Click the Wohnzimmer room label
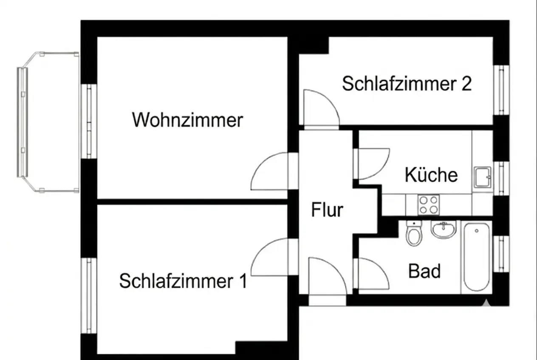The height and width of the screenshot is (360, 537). coord(187,120)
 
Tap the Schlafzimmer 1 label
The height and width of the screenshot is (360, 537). coord(183,281)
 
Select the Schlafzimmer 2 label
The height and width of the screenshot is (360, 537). coord(407,83)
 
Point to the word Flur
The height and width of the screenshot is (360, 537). coord(327,210)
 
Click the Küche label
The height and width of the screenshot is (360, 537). coord(431,175)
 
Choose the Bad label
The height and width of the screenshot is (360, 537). coord(424,271)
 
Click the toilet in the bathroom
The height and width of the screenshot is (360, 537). coord(414,234)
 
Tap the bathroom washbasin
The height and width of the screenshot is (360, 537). coord(444,230)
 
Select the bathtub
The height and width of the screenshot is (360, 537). coord(477,257)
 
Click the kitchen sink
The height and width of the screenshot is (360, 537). coord(483,177)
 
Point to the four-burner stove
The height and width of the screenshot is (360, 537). coord(428,205)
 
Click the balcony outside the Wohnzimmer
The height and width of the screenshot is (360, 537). coord(48,122)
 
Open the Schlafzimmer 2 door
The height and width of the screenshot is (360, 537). coord(321,109)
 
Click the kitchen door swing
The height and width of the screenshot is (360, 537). coord(371,164)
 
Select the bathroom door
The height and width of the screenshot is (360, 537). coord(371,273)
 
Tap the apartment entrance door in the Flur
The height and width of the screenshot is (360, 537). coord(328,281)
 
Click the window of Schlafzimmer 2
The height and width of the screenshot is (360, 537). coord(501,90)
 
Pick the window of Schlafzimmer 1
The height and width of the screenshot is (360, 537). coord(89,295)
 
